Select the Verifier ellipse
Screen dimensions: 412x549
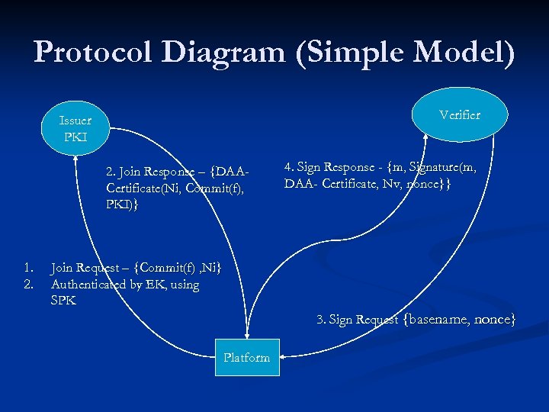460,114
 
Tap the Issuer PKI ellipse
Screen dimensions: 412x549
75,129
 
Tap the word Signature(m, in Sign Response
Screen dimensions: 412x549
453,166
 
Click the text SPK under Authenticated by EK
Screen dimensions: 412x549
63,301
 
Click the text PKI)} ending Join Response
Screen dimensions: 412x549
123,204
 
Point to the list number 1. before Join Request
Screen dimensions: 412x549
28,268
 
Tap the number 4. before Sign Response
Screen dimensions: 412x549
289,166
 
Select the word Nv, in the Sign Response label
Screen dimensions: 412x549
390,183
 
